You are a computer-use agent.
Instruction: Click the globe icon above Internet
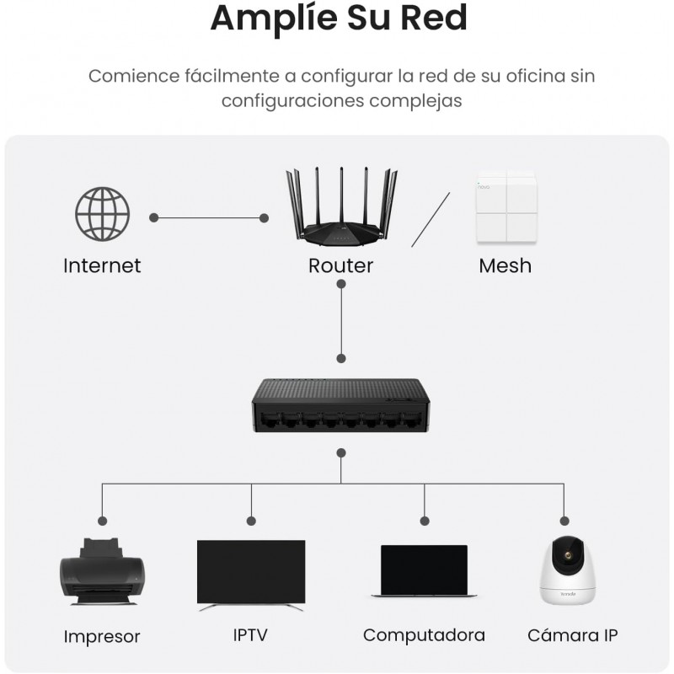(103, 216)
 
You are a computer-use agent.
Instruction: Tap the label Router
(340, 266)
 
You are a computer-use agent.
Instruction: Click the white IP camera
(565, 569)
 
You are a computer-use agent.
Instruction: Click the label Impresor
(102, 636)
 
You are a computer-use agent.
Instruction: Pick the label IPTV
(250, 634)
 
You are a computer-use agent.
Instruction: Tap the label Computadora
(424, 634)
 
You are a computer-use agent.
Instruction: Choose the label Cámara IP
(573, 634)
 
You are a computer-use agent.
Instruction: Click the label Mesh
(505, 266)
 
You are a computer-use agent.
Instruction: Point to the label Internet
(102, 266)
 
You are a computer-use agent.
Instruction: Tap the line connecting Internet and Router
(209, 217)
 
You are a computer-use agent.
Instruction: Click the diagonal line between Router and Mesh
(431, 219)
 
